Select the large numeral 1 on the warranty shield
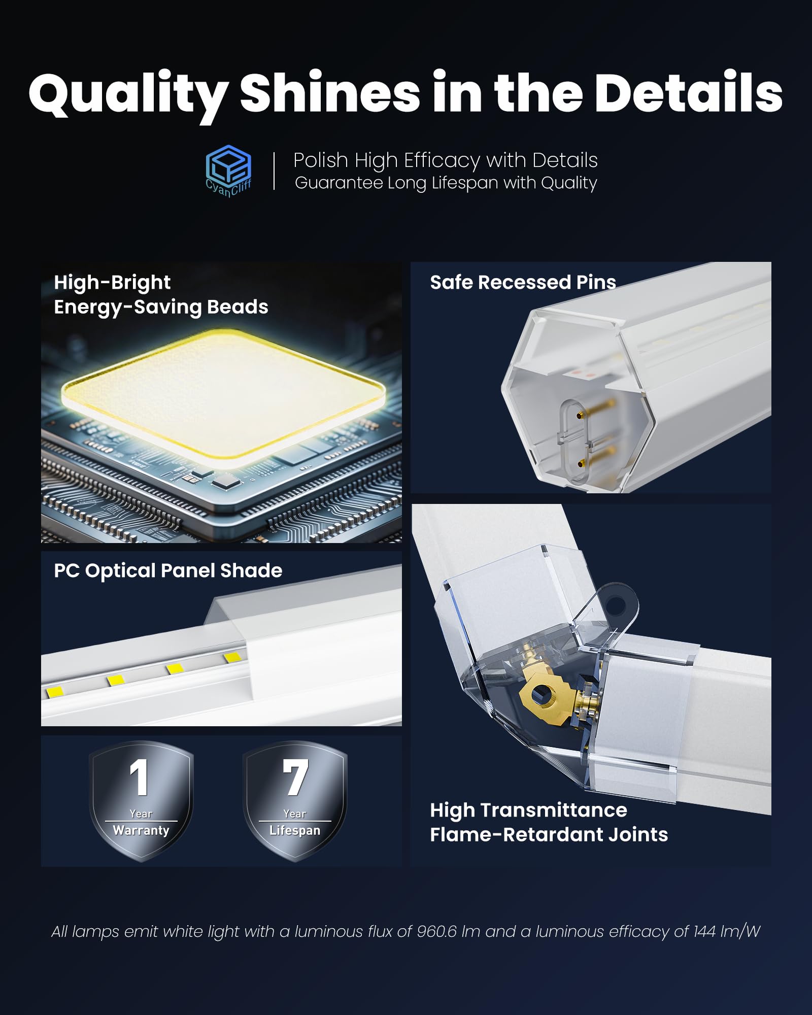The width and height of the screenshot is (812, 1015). click(139, 777)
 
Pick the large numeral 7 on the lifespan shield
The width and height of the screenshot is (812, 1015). click(295, 777)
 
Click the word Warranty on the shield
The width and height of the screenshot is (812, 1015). click(141, 830)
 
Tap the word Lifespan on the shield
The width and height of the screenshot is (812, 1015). click(295, 831)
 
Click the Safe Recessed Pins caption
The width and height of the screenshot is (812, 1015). click(523, 282)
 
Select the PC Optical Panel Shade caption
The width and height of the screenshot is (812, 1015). click(168, 571)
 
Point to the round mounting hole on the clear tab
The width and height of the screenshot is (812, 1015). click(616, 604)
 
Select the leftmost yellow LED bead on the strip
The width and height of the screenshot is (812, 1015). click(55, 691)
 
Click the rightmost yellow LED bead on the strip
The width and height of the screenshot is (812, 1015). click(232, 658)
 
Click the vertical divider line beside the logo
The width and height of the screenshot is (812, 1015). click(274, 172)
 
